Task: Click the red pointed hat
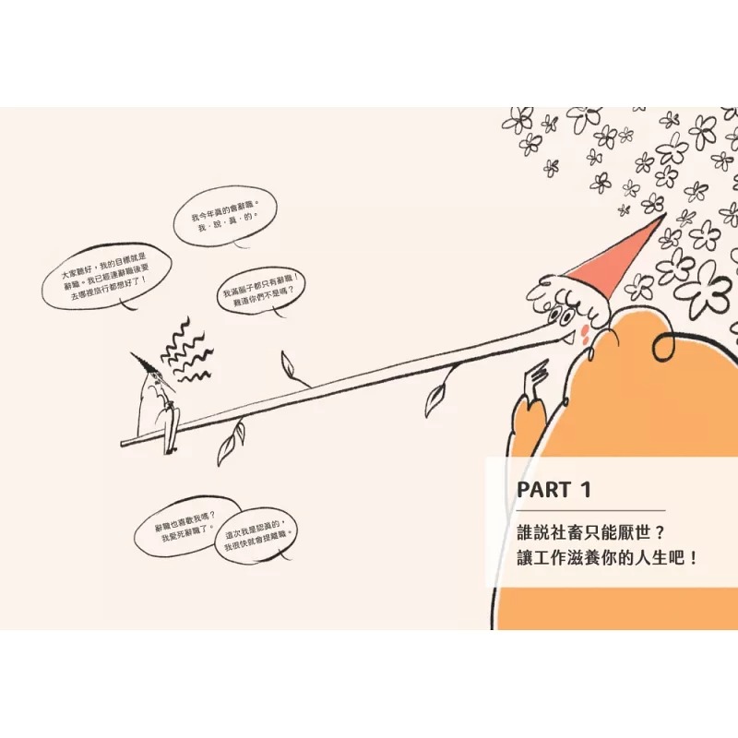coord(613,259)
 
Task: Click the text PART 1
coord(553,489)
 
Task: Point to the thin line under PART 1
coord(590,510)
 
